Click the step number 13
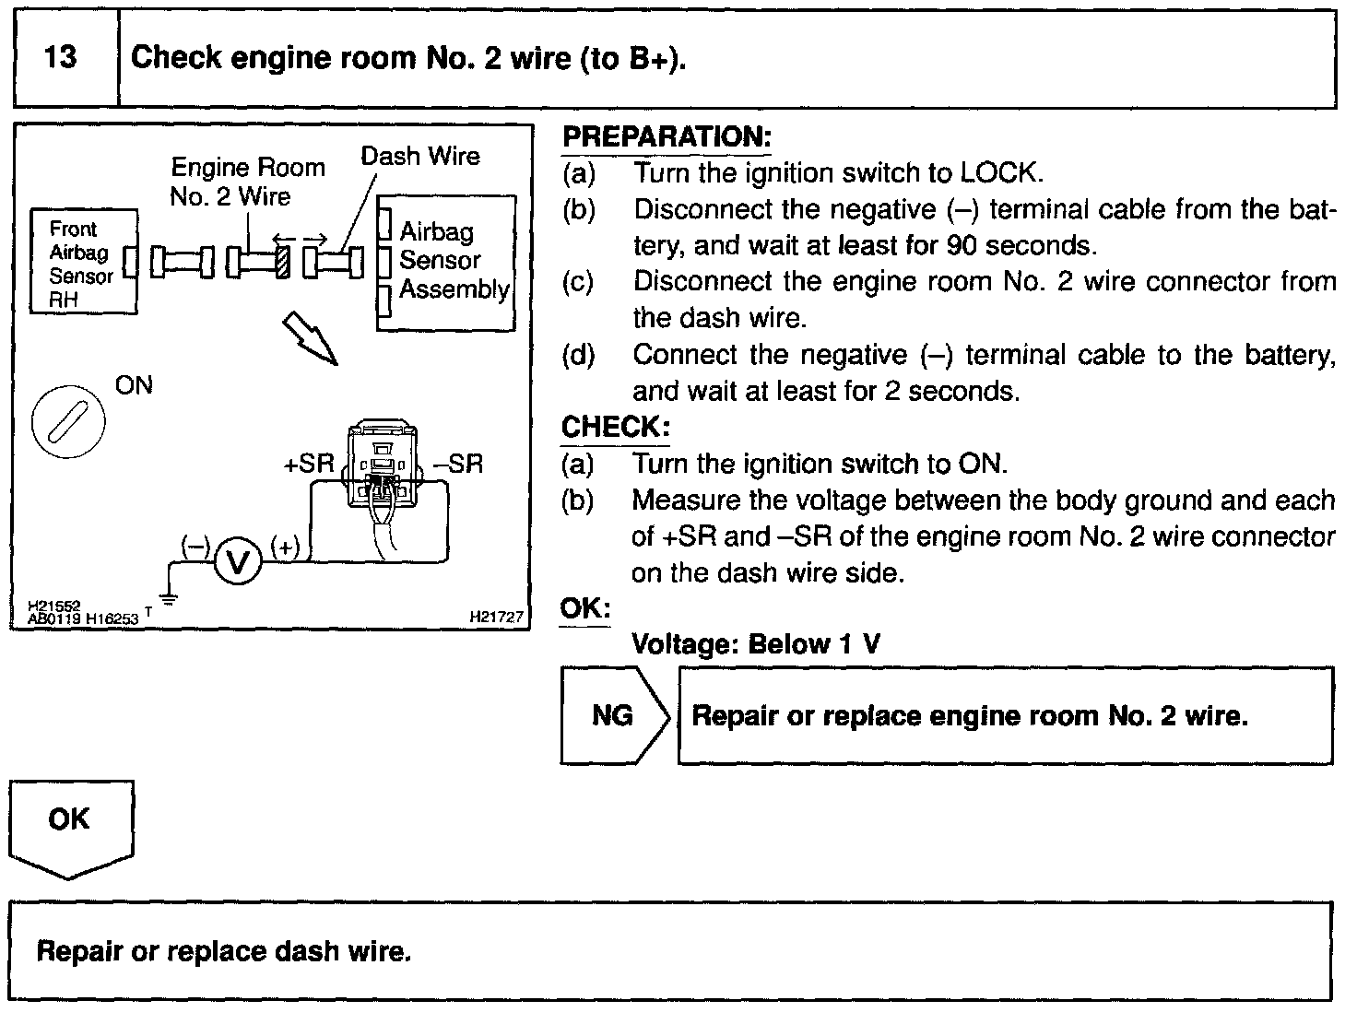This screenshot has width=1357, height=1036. tap(61, 58)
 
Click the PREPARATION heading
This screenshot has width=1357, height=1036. tap(666, 137)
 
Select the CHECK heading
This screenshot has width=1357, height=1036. tap(614, 428)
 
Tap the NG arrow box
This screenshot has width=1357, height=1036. tap(612, 715)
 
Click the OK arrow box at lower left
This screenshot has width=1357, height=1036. tap(69, 823)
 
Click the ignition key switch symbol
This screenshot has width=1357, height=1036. tap(68, 421)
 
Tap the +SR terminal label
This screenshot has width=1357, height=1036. tap(309, 463)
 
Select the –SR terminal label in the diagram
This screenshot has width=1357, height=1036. tap(458, 463)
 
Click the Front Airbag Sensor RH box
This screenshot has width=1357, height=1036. tap(82, 264)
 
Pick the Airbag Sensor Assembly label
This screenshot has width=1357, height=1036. tap(453, 261)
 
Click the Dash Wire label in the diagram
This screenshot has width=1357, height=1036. tap(419, 156)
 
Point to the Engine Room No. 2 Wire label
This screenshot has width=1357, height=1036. tap(246, 182)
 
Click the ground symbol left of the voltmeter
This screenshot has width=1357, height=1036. tap(169, 597)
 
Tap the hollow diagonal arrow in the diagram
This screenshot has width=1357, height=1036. tap(309, 336)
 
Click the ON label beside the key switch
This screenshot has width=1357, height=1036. tap(134, 385)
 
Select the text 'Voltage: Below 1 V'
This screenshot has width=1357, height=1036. tap(755, 643)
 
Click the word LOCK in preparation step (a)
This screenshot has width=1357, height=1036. tap(999, 173)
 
